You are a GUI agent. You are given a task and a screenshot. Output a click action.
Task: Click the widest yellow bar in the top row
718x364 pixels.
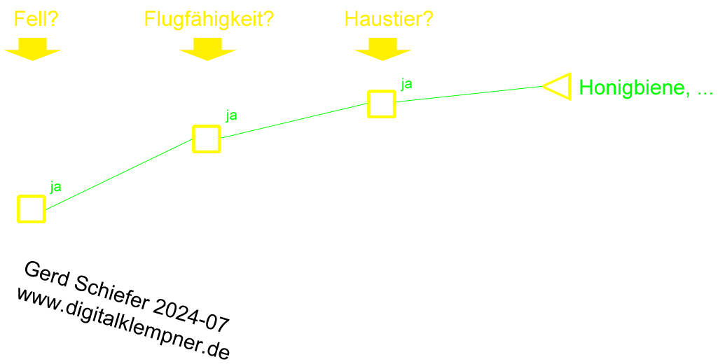[x=209, y=20]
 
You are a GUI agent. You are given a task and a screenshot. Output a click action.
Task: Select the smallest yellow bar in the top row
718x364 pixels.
[x=36, y=18]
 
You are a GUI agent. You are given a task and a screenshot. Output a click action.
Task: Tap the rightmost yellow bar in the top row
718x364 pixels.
[x=389, y=18]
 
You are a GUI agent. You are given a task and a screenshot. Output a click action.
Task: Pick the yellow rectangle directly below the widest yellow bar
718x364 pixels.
[x=207, y=49]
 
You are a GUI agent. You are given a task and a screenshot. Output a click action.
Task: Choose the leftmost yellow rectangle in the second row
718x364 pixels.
[x=32, y=49]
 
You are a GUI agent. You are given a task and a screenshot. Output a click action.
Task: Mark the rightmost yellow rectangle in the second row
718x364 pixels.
[x=382, y=49]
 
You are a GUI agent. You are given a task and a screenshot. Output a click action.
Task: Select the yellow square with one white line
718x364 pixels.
[x=32, y=209]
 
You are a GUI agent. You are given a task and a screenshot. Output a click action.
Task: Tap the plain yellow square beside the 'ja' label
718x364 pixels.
[x=381, y=104]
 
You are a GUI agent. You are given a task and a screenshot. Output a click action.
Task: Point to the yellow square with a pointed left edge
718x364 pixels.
[x=559, y=86]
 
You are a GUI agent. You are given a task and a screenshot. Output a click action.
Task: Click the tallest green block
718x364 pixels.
[x=123, y=174]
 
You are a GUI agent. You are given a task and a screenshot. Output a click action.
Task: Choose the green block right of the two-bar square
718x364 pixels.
[x=291, y=120]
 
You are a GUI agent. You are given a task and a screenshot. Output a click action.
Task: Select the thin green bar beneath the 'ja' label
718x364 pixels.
[x=471, y=94]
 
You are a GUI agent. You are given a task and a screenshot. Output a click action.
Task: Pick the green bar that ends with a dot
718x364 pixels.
[x=643, y=89]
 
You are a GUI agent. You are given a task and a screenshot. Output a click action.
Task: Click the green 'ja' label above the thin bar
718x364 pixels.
[x=407, y=83]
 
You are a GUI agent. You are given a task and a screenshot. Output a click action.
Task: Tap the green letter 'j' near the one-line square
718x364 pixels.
[x=52, y=187]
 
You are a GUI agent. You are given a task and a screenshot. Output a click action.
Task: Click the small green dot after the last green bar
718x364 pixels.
[x=712, y=92]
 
